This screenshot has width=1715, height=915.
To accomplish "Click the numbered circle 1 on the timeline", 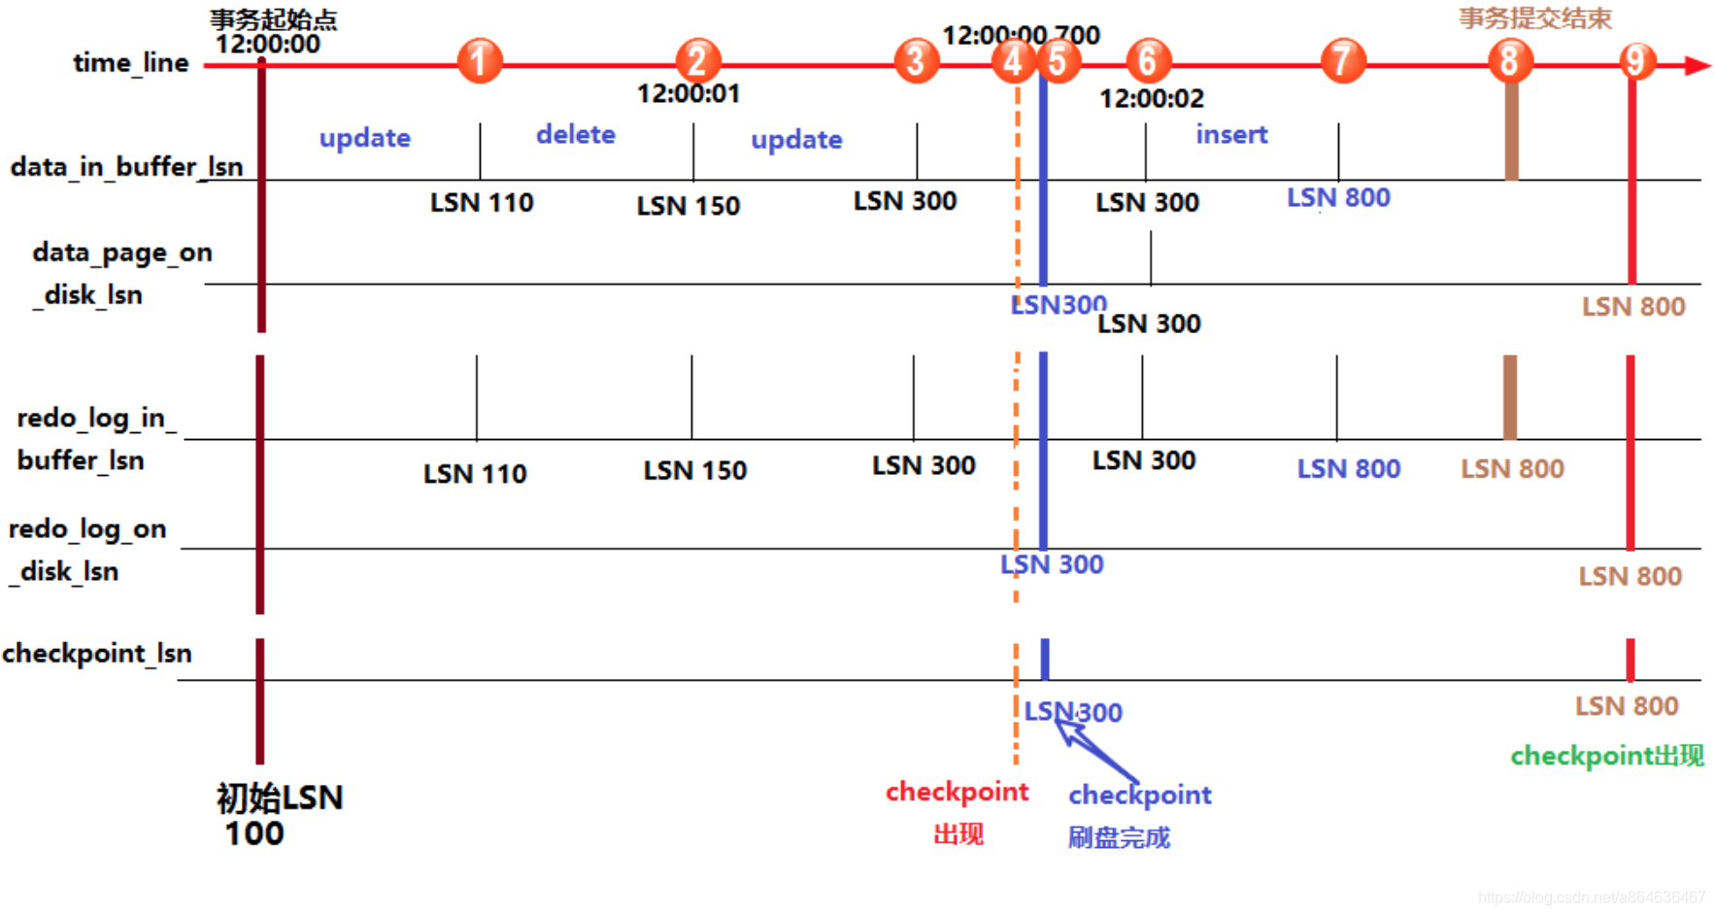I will pos(479,61).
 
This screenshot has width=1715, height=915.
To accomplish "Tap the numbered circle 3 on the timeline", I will pos(916,61).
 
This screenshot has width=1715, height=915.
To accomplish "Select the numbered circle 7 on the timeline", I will pos(1342,61).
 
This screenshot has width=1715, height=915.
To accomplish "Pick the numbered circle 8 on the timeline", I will pos(1509,61).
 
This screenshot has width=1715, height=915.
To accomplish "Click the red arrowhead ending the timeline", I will pos(1697,65).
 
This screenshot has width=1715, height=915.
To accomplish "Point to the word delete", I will pos(576,134).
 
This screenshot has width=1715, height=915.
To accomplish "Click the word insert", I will pos(1231,134).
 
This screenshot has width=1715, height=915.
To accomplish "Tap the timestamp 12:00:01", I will pos(688,93).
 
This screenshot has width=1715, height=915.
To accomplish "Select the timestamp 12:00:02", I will pos(1151,98).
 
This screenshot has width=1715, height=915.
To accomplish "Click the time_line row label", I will pos(131,63).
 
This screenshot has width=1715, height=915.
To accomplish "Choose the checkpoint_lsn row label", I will pos(97,653).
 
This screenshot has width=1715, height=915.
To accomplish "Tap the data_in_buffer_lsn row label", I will pos(126,166).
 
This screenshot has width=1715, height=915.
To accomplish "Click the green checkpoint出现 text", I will pos(1606,756).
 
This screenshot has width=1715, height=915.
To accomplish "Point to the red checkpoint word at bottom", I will pos(957,792).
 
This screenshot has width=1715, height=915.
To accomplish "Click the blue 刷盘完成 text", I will pos(1119,837).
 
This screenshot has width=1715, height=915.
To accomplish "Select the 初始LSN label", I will pos(279,798).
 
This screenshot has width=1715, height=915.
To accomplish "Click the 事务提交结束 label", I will pos(1534,18).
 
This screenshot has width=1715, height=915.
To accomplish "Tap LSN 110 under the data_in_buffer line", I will pos(482,202).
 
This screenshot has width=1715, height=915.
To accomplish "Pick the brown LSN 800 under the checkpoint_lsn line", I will pos(1627,706).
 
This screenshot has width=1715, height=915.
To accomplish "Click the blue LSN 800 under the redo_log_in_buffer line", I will pos(1348,469).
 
